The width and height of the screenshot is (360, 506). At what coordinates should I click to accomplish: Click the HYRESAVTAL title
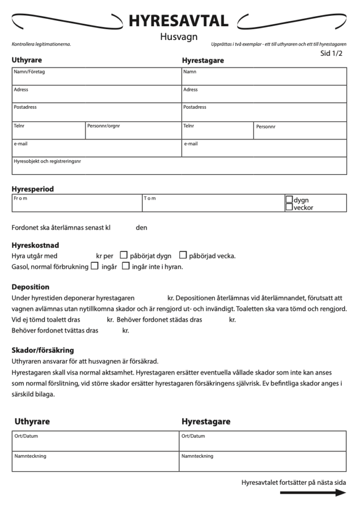pyautogui.click(x=178, y=20)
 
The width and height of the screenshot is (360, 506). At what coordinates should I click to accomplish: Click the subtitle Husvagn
pyautogui.click(x=178, y=37)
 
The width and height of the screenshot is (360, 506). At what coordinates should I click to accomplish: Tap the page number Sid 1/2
pyautogui.click(x=331, y=53)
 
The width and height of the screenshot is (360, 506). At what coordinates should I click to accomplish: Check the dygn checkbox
pyautogui.click(x=289, y=200)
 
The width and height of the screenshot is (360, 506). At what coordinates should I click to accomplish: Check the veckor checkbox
pyautogui.click(x=289, y=208)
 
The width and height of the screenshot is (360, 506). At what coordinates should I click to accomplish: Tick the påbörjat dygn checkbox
pyautogui.click(x=124, y=255)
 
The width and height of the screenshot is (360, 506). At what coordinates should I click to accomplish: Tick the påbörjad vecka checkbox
pyautogui.click(x=183, y=255)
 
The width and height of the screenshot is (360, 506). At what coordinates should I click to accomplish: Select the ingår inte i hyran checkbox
pyautogui.click(x=125, y=266)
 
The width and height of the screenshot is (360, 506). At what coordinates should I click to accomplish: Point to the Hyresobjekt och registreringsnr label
pyautogui.click(x=47, y=161)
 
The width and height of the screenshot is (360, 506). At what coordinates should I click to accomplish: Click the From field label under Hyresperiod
pyautogui.click(x=20, y=198)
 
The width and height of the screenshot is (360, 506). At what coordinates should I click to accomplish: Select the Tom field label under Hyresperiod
pyautogui.click(x=150, y=198)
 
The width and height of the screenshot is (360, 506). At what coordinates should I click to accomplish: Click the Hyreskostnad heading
pyautogui.click(x=35, y=245)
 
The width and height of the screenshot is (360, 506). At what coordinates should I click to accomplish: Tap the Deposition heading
pyautogui.click(x=30, y=287)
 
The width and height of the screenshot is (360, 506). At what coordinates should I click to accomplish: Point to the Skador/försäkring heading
pyautogui.click(x=42, y=350)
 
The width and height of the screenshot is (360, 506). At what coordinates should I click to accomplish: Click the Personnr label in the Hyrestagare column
pyautogui.click(x=266, y=126)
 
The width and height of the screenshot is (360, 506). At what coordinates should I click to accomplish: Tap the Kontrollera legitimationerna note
pyautogui.click(x=41, y=44)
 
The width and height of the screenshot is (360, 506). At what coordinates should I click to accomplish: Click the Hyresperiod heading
pyautogui.click(x=33, y=189)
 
